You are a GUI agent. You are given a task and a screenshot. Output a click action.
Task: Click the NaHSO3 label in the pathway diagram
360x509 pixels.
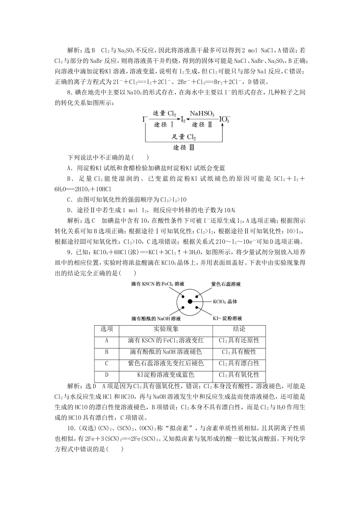point(202,113)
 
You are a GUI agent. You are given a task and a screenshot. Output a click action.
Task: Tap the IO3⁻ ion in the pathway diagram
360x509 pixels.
point(224,119)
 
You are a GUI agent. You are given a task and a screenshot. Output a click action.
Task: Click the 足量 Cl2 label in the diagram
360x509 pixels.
point(184,137)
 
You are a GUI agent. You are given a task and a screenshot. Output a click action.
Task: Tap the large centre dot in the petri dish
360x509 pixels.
point(190,301)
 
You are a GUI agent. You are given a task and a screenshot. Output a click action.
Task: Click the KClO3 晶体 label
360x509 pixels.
point(225,302)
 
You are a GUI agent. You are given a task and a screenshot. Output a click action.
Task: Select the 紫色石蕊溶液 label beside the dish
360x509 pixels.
point(226,284)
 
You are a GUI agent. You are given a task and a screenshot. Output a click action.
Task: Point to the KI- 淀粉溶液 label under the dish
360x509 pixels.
point(227,319)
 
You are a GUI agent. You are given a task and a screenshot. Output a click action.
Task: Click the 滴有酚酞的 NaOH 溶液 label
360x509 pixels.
point(156,319)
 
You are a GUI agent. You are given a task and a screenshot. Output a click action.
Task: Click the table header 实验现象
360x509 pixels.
point(166,329)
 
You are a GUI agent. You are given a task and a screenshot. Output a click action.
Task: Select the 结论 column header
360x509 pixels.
point(239,329)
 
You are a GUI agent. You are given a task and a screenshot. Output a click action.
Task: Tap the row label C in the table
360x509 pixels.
point(107,363)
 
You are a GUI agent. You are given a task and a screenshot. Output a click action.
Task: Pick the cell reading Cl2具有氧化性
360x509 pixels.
point(239,375)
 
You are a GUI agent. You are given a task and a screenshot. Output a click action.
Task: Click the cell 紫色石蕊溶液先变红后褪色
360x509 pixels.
point(166,363)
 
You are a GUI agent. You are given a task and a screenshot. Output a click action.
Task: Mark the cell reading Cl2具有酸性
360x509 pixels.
point(239,352)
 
